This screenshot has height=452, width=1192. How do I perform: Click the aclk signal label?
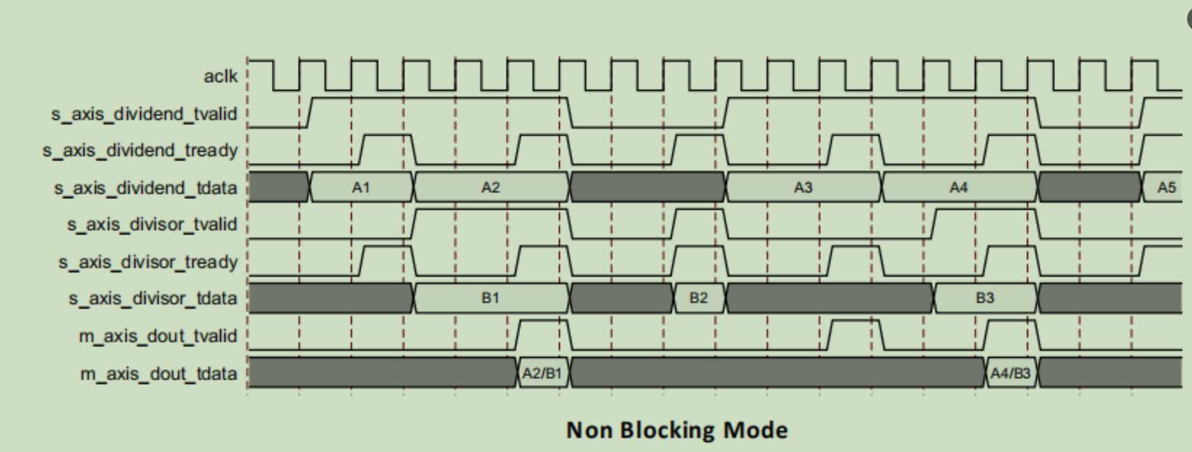(x=220, y=76)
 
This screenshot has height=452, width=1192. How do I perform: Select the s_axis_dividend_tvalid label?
(x=144, y=114)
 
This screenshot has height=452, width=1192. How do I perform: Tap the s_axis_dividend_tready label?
(x=140, y=151)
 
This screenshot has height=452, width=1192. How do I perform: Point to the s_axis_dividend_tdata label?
(x=145, y=188)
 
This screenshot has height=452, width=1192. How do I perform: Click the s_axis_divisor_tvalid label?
(x=152, y=224)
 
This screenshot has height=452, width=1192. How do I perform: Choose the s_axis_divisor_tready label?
(x=148, y=262)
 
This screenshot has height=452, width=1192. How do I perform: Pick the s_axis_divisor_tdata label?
(x=153, y=298)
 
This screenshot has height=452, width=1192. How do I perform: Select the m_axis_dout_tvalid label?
(x=157, y=336)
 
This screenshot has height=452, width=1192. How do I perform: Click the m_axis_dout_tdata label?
(x=159, y=373)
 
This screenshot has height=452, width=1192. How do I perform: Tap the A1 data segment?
(x=361, y=187)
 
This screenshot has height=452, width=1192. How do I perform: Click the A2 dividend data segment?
(x=491, y=187)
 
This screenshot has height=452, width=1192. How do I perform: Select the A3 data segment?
(x=803, y=187)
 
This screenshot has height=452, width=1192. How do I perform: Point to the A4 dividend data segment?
(x=959, y=187)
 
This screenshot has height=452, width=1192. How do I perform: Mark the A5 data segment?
(x=1166, y=187)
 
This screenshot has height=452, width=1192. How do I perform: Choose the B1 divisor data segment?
(x=491, y=298)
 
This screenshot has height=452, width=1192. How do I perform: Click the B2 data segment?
(x=699, y=298)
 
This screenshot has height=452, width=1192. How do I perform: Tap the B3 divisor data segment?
(x=985, y=298)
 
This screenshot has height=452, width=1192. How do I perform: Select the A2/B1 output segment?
(x=542, y=373)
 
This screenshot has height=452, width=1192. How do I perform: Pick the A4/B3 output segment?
(x=1011, y=373)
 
